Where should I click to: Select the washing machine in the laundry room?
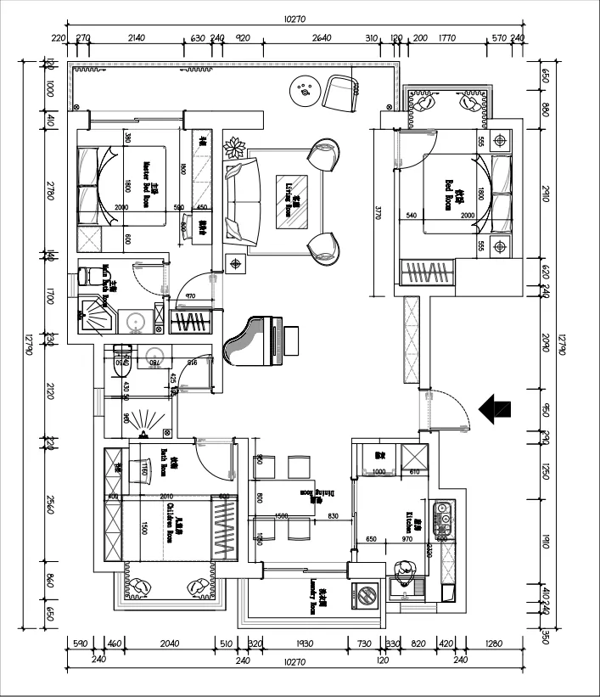coord(367,594)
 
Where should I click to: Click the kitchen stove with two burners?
coord(442,519)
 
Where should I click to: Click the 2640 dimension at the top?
coord(321,37)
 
